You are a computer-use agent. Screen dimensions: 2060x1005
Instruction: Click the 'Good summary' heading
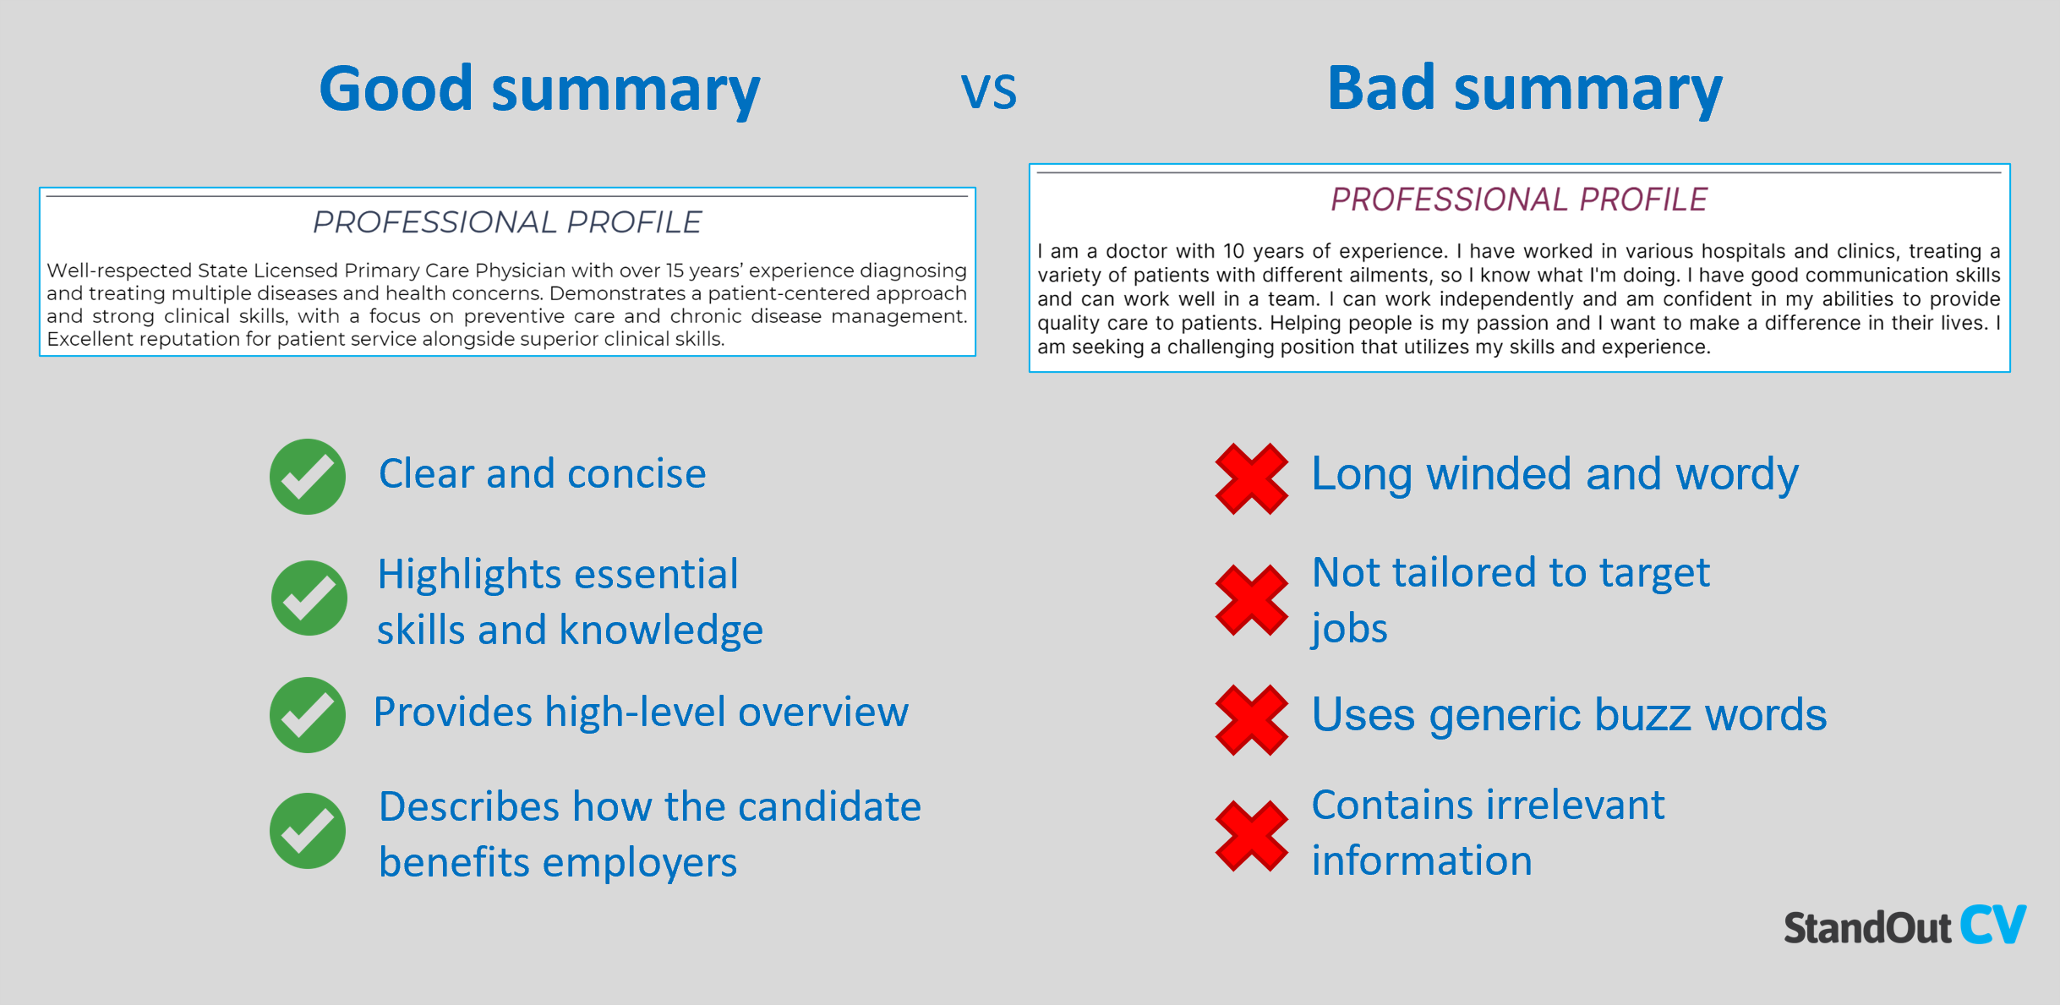tap(539, 90)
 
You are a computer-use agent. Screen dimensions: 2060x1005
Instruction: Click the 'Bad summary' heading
tap(1524, 90)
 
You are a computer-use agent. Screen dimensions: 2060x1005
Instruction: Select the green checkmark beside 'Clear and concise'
tap(308, 477)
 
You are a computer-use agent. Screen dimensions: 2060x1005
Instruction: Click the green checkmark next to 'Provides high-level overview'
tap(308, 715)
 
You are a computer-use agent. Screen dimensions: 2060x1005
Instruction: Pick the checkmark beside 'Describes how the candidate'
tap(308, 831)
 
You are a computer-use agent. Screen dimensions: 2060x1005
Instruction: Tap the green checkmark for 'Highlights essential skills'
tap(309, 598)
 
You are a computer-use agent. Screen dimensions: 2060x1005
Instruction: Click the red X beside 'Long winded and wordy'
tap(1252, 478)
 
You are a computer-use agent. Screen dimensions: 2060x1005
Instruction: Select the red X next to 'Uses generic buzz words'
tap(1252, 720)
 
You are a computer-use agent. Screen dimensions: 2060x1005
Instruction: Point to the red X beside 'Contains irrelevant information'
tap(1252, 836)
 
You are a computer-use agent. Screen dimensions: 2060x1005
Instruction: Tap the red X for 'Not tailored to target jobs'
tap(1252, 600)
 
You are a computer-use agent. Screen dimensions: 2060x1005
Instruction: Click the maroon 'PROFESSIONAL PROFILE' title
tap(1519, 199)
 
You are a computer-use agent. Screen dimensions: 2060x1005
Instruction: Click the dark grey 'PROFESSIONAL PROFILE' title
tap(507, 222)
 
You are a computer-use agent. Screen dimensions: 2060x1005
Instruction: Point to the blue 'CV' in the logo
tap(1993, 925)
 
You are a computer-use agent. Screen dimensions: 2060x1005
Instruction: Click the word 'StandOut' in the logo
tap(1867, 927)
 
